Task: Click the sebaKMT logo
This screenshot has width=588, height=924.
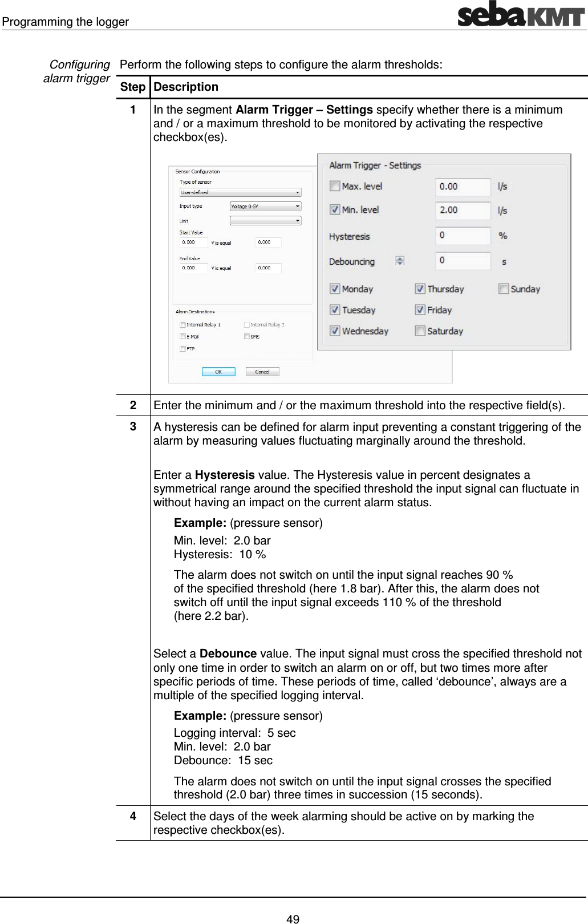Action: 521,14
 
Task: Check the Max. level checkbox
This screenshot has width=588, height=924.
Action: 335,186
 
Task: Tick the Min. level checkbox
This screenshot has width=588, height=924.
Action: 335,209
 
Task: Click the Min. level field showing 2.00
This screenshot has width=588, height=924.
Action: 463,210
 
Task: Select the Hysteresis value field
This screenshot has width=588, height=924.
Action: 463,235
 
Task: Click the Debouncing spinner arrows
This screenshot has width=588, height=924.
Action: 400,261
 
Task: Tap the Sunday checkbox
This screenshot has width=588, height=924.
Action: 504,289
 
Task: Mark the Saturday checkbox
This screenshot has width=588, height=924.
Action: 420,331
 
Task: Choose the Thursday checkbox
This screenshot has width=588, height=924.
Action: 420,289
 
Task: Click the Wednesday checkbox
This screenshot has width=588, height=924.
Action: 335,331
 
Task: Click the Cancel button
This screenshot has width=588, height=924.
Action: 262,372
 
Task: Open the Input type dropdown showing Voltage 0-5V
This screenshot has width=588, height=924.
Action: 266,206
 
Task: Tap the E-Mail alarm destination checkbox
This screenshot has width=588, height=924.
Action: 183,337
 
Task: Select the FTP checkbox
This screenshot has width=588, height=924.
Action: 183,349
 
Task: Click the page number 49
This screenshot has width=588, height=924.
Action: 293,919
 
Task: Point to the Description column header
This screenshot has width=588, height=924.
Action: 186,87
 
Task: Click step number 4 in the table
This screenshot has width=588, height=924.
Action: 133,816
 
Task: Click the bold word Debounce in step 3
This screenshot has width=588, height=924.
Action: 228,653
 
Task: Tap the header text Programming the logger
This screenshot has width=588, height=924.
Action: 66,22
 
